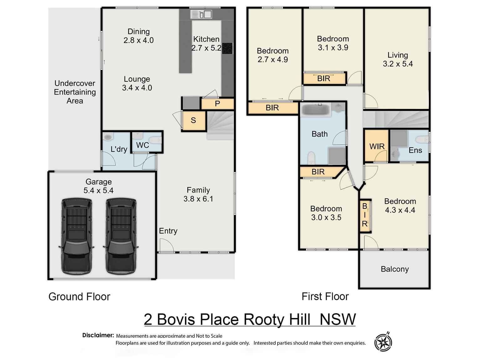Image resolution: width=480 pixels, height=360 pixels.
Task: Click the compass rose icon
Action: [383, 342]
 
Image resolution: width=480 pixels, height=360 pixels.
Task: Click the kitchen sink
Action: [201, 14]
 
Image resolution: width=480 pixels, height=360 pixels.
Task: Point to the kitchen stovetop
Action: [227, 48]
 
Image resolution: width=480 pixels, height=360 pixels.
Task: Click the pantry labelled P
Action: [217, 104]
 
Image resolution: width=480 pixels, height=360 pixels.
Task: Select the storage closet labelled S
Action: [193, 121]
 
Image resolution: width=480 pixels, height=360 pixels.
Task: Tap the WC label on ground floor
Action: [142, 145]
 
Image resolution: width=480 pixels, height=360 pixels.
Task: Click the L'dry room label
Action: [119, 149]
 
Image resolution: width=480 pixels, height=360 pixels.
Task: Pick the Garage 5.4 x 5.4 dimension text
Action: [98, 190]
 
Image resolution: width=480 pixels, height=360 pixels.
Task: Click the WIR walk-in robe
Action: [377, 147]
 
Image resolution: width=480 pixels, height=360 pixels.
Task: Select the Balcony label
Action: [395, 269]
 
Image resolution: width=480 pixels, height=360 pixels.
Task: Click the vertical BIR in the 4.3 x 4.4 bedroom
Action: [365, 215]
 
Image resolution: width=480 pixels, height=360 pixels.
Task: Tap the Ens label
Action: [415, 150]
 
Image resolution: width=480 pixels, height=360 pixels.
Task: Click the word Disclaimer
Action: [98, 335]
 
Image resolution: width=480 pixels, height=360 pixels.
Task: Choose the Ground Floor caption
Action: [79, 296]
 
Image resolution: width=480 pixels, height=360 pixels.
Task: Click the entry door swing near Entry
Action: [166, 245]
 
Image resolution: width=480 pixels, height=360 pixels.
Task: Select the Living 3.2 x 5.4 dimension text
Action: [398, 64]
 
